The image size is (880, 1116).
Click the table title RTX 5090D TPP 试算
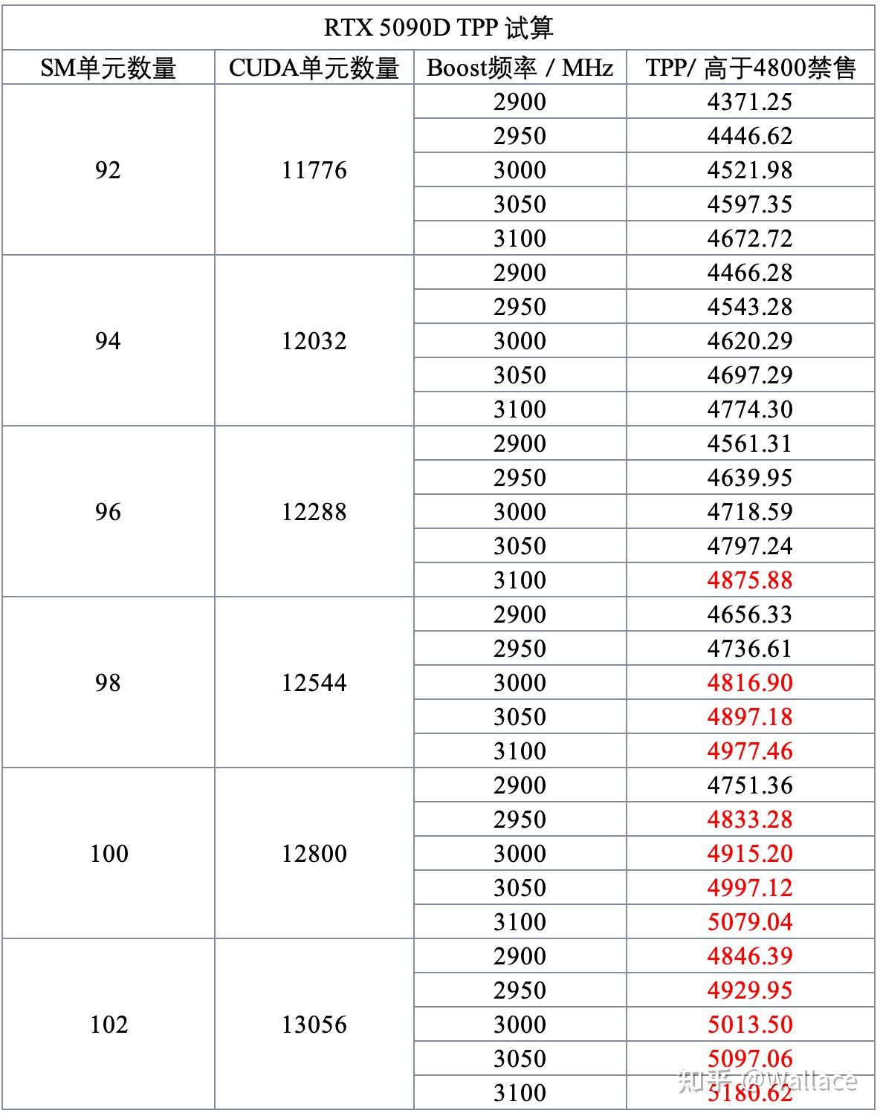pyautogui.click(x=439, y=28)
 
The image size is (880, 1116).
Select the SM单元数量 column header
pyautogui.click(x=108, y=68)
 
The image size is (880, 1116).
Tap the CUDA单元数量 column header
pyautogui.click(x=314, y=68)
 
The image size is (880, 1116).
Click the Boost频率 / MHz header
pyautogui.click(x=520, y=68)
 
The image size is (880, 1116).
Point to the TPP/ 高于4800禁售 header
pyautogui.click(x=750, y=68)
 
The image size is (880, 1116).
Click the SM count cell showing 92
pyautogui.click(x=108, y=170)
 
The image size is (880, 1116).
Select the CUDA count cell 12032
pyautogui.click(x=314, y=341)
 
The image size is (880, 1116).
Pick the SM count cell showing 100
pyautogui.click(x=109, y=854)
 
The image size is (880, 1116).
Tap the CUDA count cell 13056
pyautogui.click(x=314, y=1025)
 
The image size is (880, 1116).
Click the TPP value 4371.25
pyautogui.click(x=750, y=102)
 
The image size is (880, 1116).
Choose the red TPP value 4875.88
pyautogui.click(x=750, y=580)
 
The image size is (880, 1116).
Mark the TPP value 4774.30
pyautogui.click(x=750, y=409)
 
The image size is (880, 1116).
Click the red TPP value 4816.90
pyautogui.click(x=750, y=683)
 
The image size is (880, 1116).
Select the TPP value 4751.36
pyautogui.click(x=750, y=785)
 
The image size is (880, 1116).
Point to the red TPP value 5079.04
pyautogui.click(x=750, y=922)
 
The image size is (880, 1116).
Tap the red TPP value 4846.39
pyautogui.click(x=750, y=956)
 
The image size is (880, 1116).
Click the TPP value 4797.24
pyautogui.click(x=750, y=546)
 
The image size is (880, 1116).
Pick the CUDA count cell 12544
pyautogui.click(x=314, y=683)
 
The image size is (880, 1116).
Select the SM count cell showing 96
pyautogui.click(x=108, y=512)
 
